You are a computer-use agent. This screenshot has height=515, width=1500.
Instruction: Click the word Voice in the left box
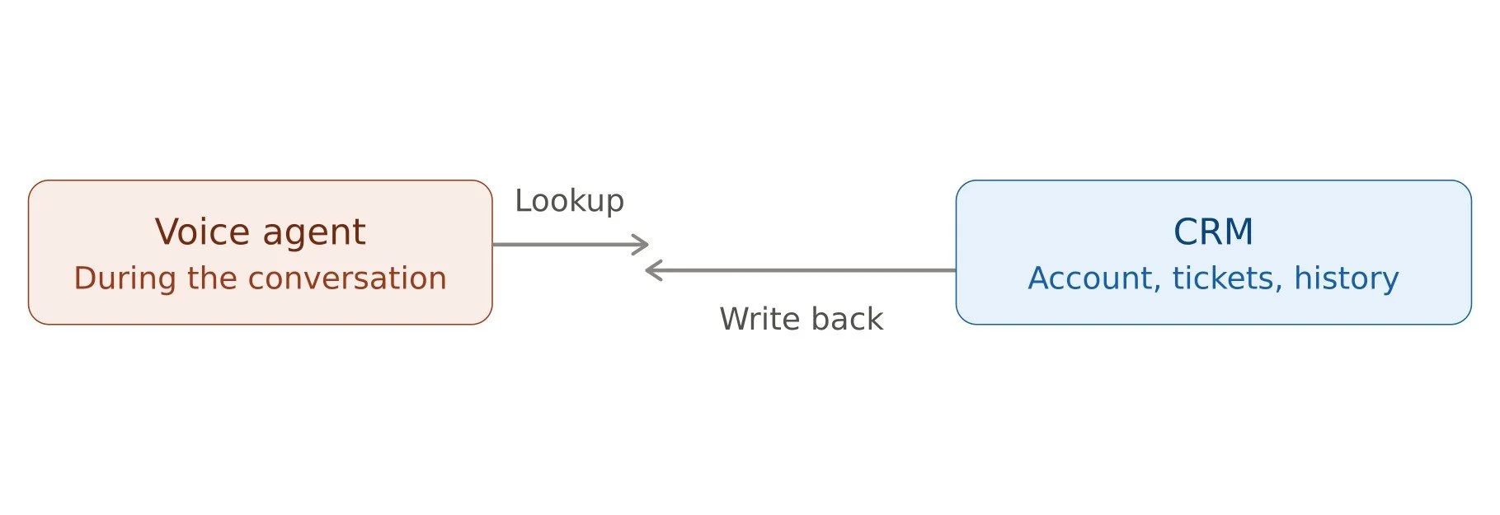[202, 232]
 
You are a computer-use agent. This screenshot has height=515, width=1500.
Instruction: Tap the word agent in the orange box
[314, 234]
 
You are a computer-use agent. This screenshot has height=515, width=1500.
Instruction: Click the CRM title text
[1213, 232]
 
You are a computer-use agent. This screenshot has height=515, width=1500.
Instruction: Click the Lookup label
[570, 201]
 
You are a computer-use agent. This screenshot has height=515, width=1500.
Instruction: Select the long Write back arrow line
[801, 270]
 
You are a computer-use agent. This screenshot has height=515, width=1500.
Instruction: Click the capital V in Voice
[168, 232]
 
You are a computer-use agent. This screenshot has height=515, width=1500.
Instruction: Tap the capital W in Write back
[735, 319]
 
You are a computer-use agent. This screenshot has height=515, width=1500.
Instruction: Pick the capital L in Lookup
[524, 200]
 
